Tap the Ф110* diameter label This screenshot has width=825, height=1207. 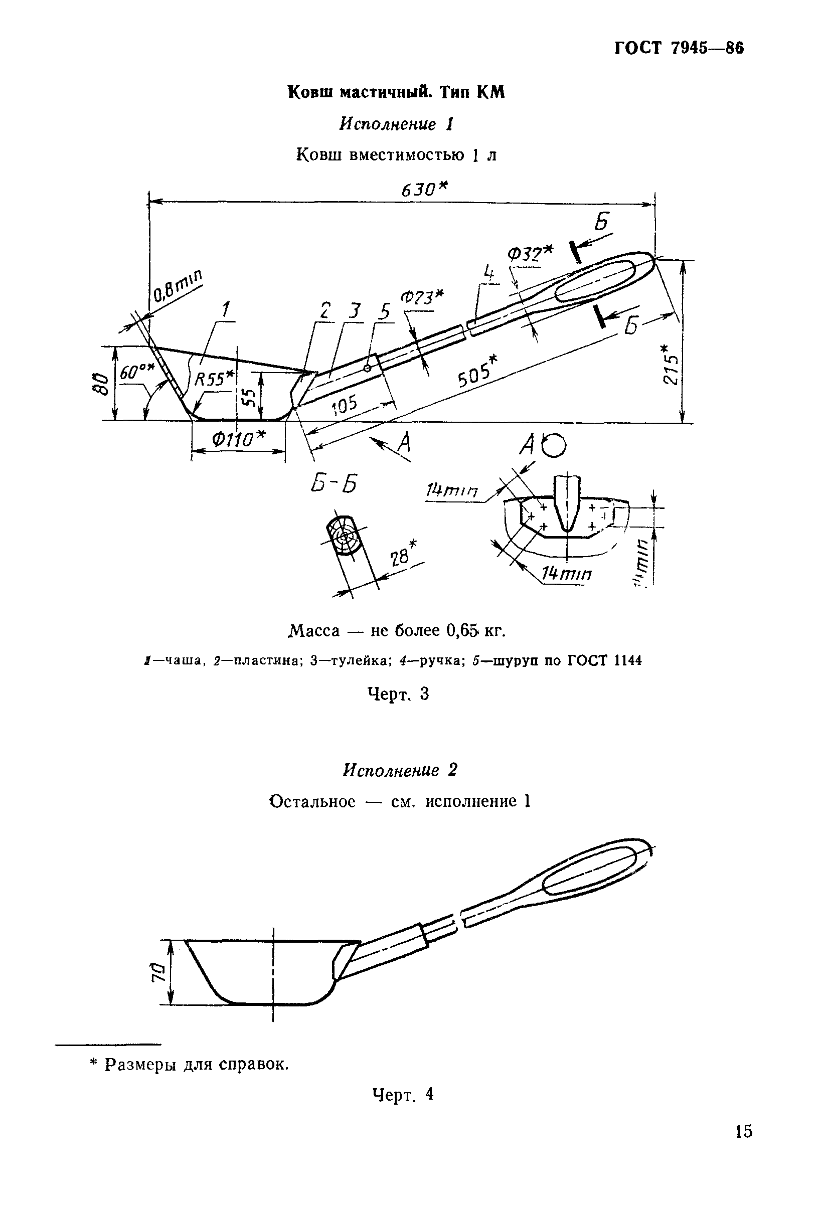pos(238,440)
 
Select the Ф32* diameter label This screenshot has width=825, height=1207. pos(531,253)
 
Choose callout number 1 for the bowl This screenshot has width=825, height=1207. pos(225,310)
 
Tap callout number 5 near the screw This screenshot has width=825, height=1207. pos(385,311)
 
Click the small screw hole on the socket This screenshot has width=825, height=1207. pos(367,368)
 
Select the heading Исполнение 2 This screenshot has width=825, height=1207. pos(400,770)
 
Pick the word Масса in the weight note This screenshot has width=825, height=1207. pos(314,631)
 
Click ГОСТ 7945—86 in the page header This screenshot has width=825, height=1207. pos(679,48)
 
